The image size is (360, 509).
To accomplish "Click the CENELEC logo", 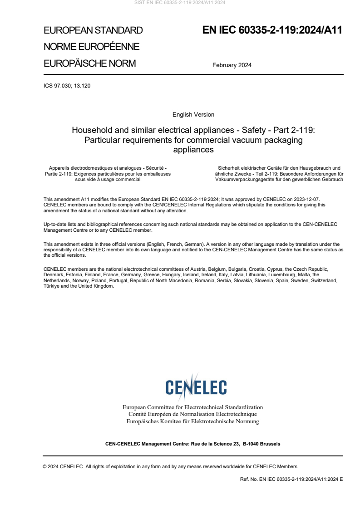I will (196, 387).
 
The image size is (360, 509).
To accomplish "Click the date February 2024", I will (232, 65).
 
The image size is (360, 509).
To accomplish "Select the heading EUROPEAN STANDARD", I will (93, 30).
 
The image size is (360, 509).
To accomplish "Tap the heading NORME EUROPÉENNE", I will (91, 47).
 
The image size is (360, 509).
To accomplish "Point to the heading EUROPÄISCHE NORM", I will (89, 64).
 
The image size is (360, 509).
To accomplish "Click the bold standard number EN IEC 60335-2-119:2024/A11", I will (272, 30).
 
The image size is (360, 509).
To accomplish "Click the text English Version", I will (193, 115).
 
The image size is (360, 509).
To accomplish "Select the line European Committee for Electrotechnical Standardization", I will (192, 407).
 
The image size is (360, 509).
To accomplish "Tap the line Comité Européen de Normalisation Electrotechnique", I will (192, 414).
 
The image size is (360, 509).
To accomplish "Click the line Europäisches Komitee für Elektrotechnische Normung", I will (192, 421).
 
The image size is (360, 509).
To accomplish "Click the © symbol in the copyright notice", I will (45, 466).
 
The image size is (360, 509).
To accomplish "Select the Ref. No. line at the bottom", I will (291, 479).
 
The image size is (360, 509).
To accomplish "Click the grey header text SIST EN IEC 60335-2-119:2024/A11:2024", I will (180, 3).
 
